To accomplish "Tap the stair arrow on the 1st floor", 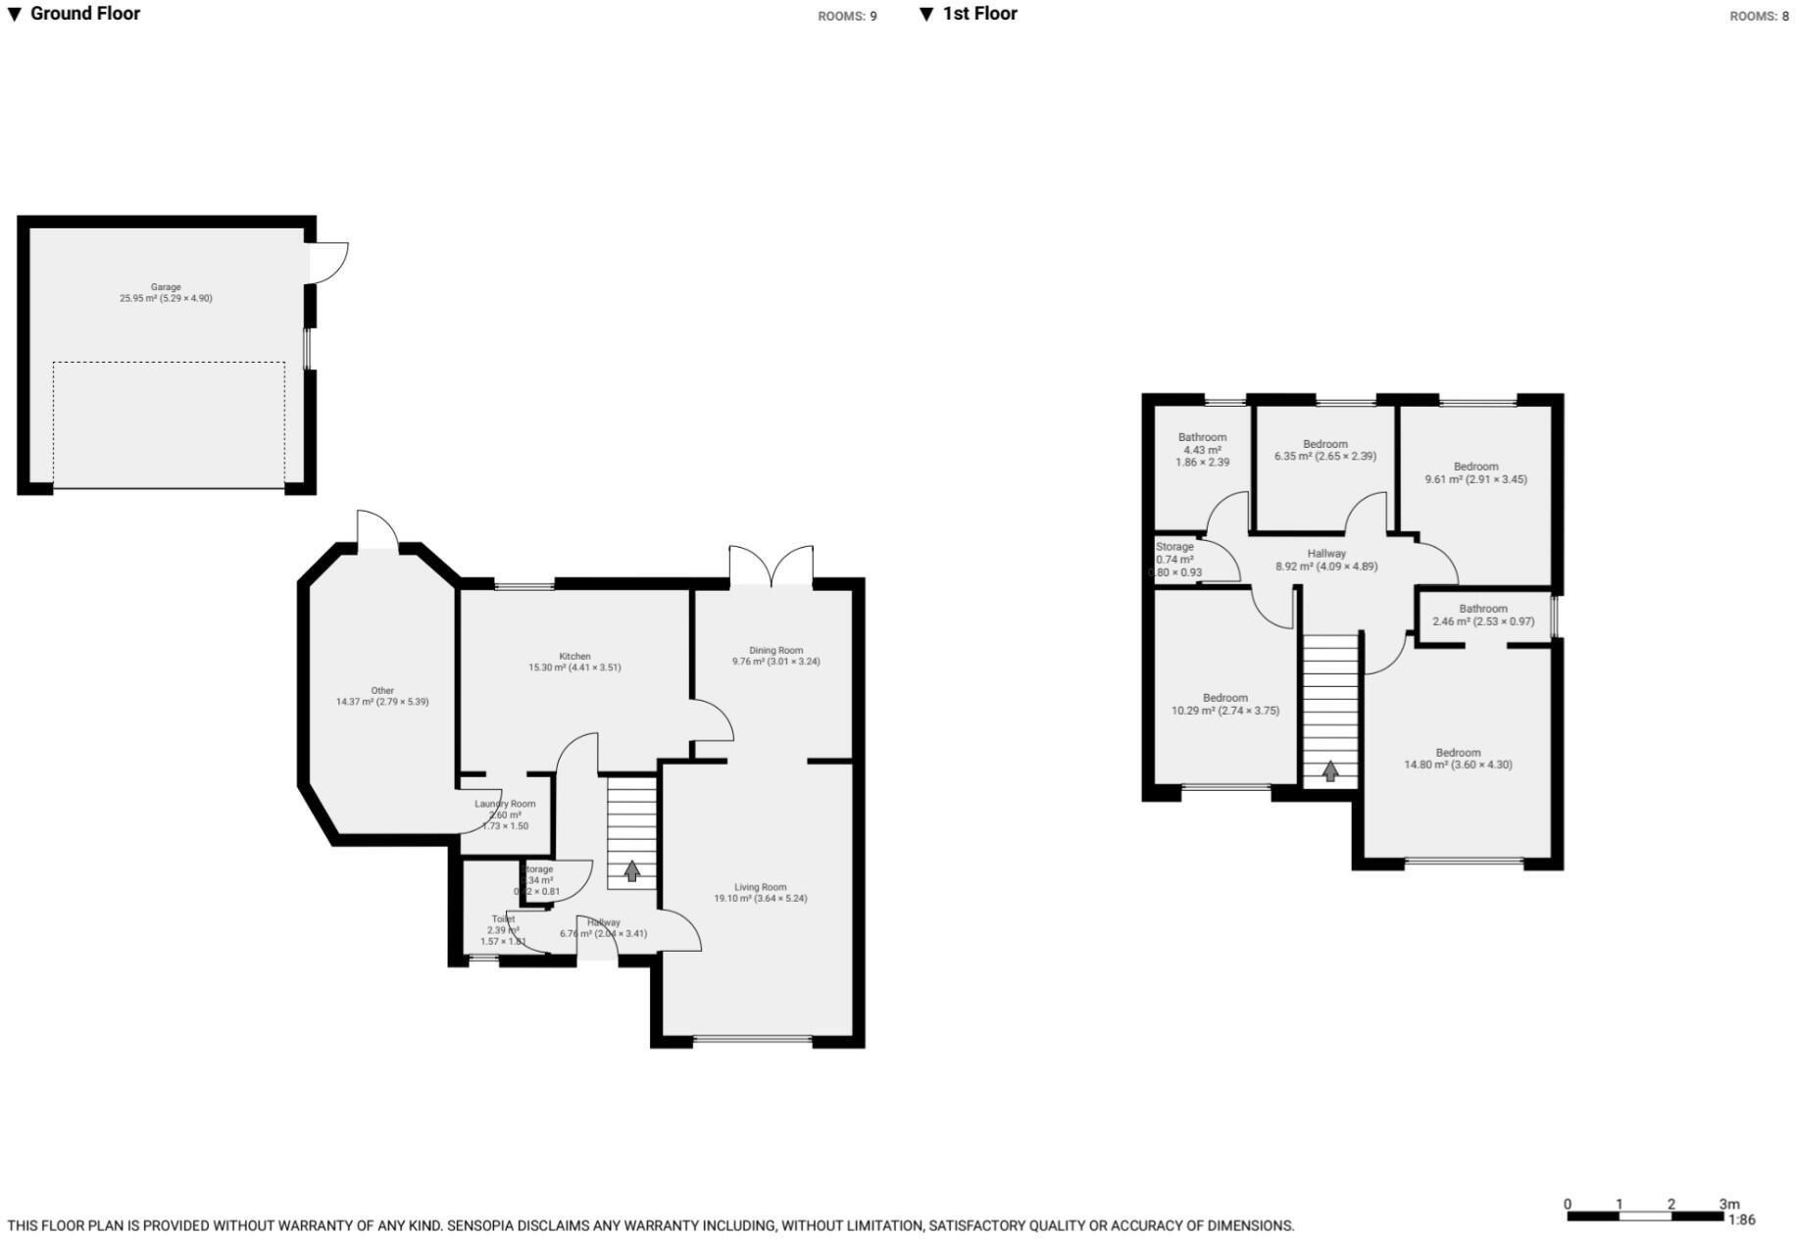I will click(x=1330, y=771).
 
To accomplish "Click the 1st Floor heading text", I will click(x=979, y=14).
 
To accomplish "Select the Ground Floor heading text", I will click(x=85, y=14).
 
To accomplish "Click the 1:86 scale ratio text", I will click(x=1741, y=1220).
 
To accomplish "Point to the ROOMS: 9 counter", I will click(x=847, y=17).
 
